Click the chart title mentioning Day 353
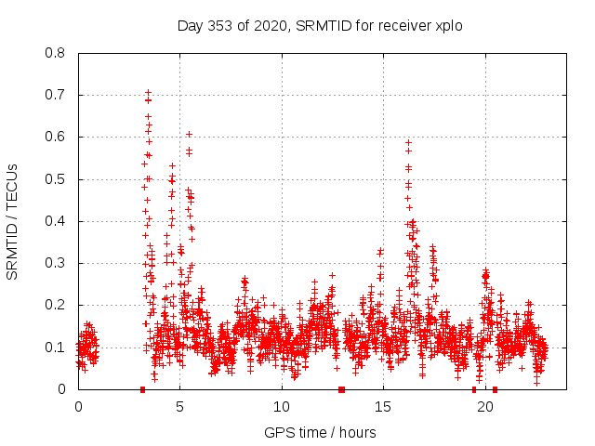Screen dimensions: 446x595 click(x=320, y=25)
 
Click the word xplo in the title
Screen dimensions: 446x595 click(x=445, y=25)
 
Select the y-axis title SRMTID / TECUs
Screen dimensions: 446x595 click(x=13, y=221)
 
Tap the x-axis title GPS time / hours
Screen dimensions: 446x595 click(x=320, y=432)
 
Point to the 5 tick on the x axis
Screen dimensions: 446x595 click(x=180, y=406)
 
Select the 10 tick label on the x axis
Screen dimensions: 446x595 click(x=282, y=406)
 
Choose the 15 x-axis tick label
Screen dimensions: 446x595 click(x=384, y=406)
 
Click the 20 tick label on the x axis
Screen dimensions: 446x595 click(x=485, y=406)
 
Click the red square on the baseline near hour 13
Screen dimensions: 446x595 click(x=341, y=389)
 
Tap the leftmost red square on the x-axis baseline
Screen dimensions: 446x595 click(x=142, y=389)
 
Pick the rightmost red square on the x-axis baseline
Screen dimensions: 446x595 click(x=495, y=389)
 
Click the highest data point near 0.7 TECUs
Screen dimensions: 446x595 click(x=148, y=92)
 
